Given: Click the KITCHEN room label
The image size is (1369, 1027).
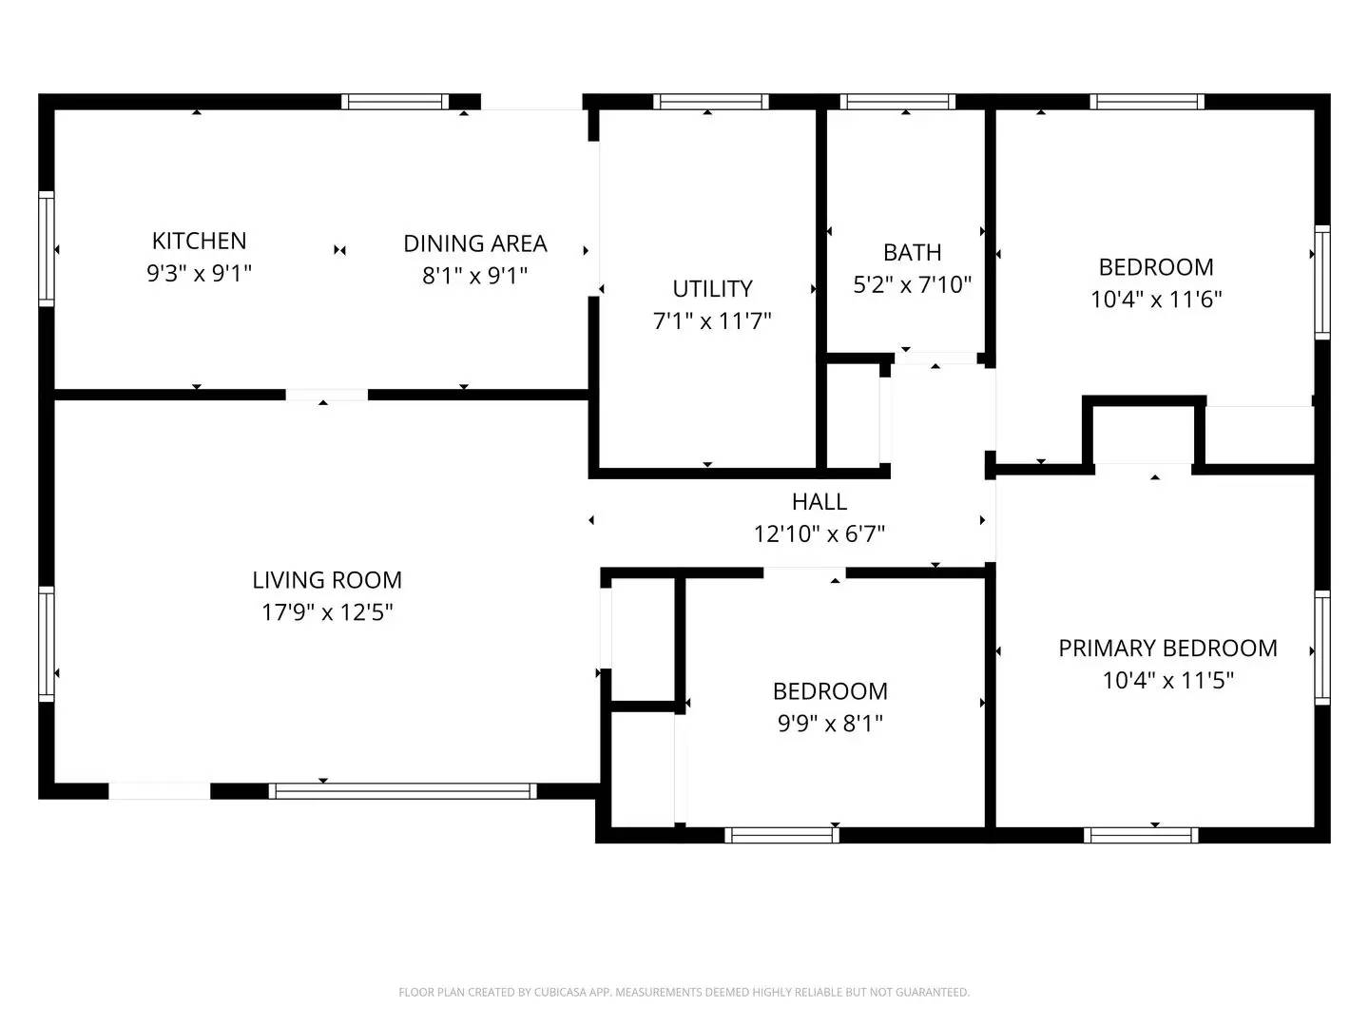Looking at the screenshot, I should click(199, 241).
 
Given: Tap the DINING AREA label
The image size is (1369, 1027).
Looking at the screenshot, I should click(474, 243).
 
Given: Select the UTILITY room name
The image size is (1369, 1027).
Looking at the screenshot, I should click(712, 288).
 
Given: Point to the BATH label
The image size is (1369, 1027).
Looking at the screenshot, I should click(912, 252).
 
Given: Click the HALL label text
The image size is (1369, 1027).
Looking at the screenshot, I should click(819, 501).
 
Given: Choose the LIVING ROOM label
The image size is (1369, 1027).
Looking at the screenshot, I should click(327, 580).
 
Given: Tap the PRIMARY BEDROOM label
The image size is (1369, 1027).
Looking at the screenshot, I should click(1167, 649).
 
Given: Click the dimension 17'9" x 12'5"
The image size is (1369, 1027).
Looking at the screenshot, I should click(327, 612).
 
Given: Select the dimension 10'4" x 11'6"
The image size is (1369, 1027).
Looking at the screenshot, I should click(1156, 300).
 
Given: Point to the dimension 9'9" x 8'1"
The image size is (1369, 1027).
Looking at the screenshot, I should click(830, 724).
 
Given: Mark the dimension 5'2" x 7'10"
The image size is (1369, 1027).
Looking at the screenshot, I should click(912, 284).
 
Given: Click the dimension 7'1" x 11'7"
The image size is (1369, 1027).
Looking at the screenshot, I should click(712, 320).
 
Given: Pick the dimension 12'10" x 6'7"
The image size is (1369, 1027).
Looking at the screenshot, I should click(819, 533).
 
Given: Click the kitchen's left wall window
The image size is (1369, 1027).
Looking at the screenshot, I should click(46, 249).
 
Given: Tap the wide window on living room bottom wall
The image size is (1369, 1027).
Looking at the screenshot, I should click(403, 790).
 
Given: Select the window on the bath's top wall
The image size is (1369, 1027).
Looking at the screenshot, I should click(897, 102).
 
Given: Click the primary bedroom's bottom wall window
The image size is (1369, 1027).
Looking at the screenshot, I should click(1141, 835).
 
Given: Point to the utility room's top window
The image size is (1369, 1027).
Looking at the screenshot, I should click(710, 102).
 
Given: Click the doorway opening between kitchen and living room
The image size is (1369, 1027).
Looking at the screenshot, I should click(326, 394).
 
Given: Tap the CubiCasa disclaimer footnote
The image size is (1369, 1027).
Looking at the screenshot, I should click(684, 992).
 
